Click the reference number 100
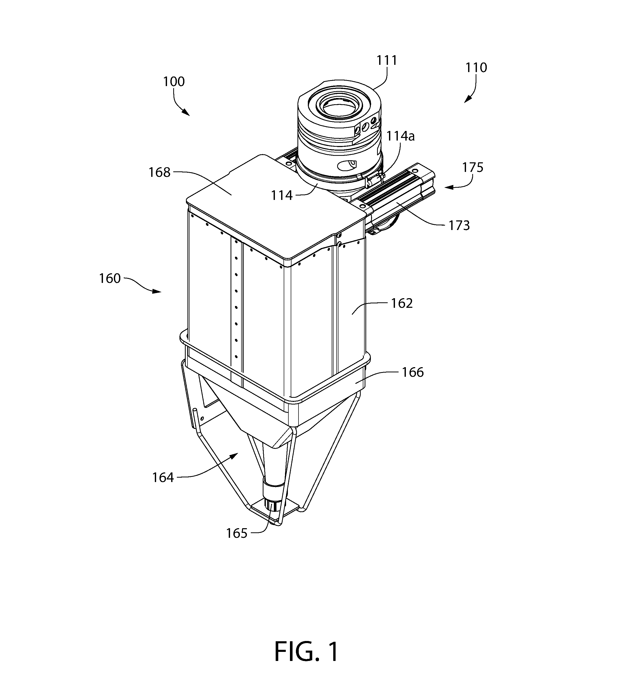coord(174,82)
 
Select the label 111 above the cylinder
coord(387,60)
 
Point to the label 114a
coord(400,136)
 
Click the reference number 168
coord(159,172)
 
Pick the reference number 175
coord(473,168)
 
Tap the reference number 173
coord(459,226)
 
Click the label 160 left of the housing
coord(110,278)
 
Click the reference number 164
coord(163,477)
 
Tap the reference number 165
coord(237,533)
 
